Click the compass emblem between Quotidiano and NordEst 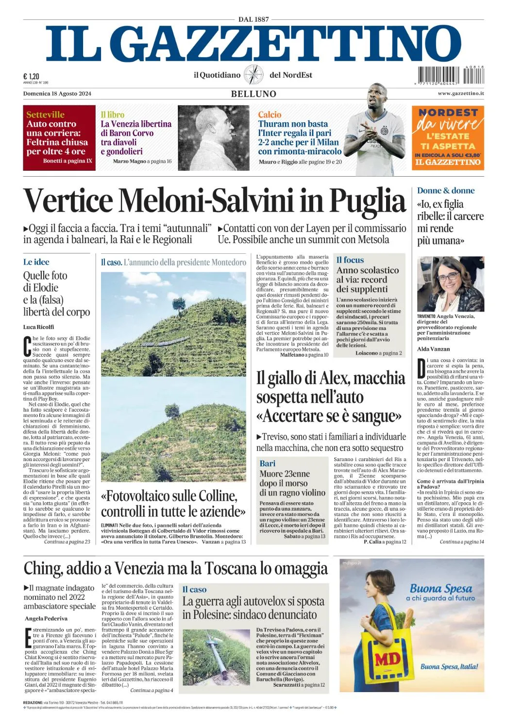[253, 75]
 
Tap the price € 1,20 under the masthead [31, 76]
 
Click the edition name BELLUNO [253, 94]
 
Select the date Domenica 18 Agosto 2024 [57, 94]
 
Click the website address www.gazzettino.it [460, 93]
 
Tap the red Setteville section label [45, 115]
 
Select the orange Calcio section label [270, 115]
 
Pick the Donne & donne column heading [446, 191]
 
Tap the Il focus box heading [350, 260]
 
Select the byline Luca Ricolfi [39, 327]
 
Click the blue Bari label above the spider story [268, 463]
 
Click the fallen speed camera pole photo [217, 657]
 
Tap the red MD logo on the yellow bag [387, 659]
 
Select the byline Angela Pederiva [46, 619]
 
